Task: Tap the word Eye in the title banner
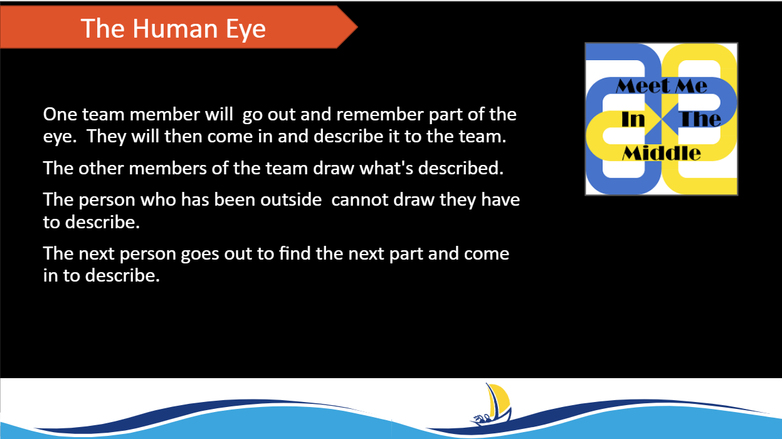(x=246, y=29)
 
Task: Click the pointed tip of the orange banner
(x=357, y=27)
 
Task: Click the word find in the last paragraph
(x=295, y=253)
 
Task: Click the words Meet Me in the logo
(x=661, y=86)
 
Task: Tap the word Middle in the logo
(x=661, y=153)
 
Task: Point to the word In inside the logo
(x=633, y=119)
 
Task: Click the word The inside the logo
(x=700, y=119)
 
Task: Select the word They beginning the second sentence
(x=106, y=137)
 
